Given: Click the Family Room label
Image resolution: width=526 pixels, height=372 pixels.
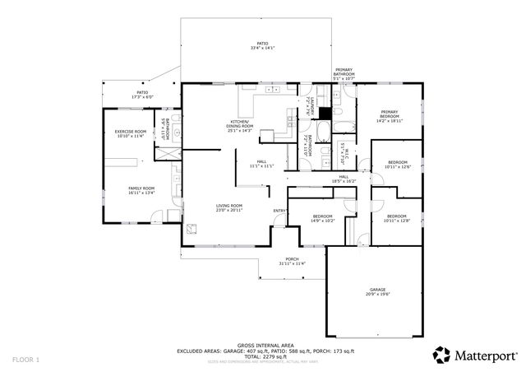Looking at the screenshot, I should click(141, 190).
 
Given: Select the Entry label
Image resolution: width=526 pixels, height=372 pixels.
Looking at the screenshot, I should click(279, 211).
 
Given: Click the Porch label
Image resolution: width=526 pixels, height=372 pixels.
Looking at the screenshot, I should click(292, 262).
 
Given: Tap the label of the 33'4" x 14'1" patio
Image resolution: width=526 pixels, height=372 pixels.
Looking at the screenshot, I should click(262, 46).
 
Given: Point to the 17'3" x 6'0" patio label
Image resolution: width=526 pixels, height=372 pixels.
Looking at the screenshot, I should click(142, 95).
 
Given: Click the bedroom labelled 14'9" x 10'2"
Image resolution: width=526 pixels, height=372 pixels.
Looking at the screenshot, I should click(322, 218).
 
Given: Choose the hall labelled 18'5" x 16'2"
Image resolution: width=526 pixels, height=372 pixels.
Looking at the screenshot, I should click(344, 179).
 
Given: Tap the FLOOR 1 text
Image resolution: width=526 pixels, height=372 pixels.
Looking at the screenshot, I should click(25, 360).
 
